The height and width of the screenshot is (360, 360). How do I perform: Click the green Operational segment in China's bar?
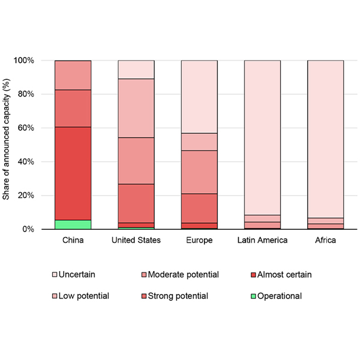click(73, 224)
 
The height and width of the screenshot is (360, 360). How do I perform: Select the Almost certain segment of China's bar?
click(73, 173)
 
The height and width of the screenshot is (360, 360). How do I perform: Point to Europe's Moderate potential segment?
click(199, 172)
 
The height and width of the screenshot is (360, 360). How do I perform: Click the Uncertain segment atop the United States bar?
click(136, 70)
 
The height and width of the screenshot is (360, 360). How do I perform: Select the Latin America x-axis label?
click(262, 241)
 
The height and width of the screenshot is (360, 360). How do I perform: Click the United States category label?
click(136, 241)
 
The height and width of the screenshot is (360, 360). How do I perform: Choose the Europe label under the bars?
click(199, 241)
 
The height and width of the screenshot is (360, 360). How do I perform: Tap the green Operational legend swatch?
click(253, 296)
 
